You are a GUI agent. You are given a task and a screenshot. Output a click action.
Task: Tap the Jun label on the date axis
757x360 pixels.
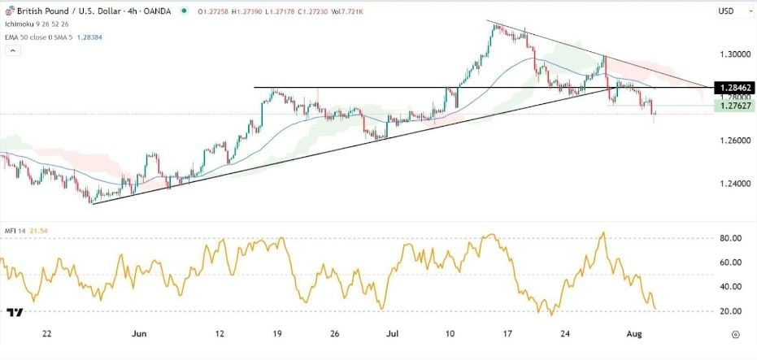click(139, 334)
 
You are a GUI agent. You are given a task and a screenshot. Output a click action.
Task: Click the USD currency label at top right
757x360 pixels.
click(727, 11)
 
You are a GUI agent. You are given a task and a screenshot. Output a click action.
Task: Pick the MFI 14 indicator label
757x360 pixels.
click(14, 232)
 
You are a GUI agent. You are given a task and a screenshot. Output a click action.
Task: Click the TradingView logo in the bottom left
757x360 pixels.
click(14, 312)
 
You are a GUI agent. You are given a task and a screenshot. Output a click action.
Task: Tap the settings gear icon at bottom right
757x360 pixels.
click(735, 334)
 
